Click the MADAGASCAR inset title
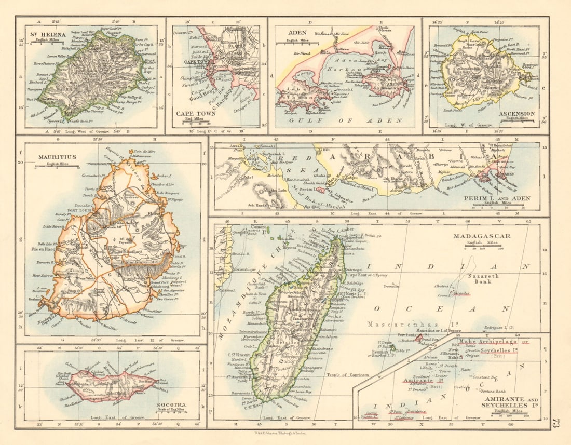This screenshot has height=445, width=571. (x=481, y=236)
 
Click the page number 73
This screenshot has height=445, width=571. (x=556, y=423)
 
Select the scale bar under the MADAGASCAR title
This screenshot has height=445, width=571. (x=481, y=249)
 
